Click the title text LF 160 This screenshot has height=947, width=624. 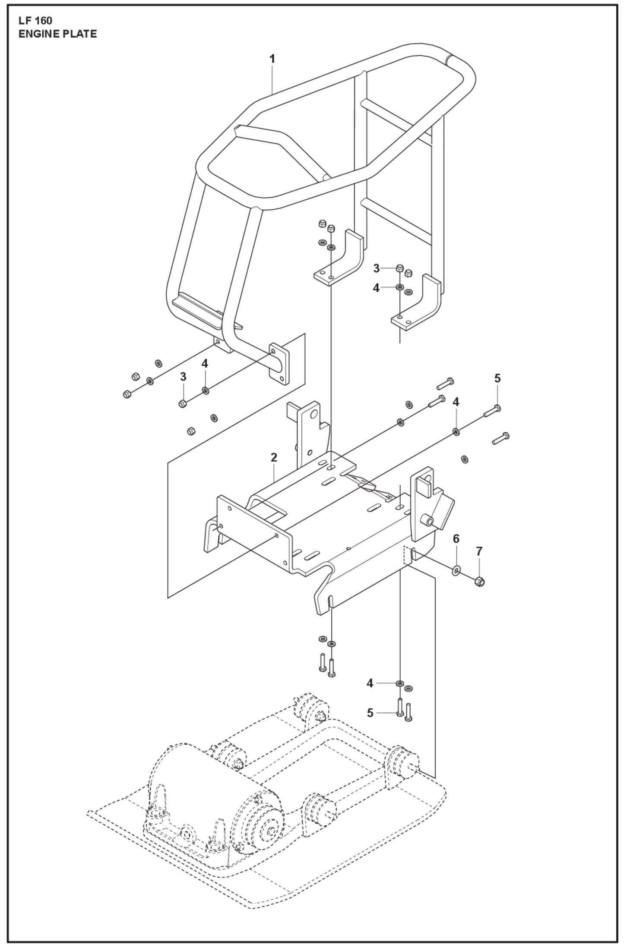[35, 21]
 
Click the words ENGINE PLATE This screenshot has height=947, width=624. [57, 34]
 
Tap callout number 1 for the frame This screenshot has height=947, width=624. [272, 59]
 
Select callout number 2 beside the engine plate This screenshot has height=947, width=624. [274, 457]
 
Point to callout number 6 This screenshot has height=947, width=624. [456, 539]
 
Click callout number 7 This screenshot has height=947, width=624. [478, 551]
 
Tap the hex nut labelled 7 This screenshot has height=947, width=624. [479, 581]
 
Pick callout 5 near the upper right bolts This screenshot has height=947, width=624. [497, 378]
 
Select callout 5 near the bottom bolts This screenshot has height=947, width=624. [370, 713]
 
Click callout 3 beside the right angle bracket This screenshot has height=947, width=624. [377, 268]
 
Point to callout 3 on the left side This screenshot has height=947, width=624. [183, 376]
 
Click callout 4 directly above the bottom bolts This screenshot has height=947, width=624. [370, 683]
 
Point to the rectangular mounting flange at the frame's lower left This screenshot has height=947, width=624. [279, 365]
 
